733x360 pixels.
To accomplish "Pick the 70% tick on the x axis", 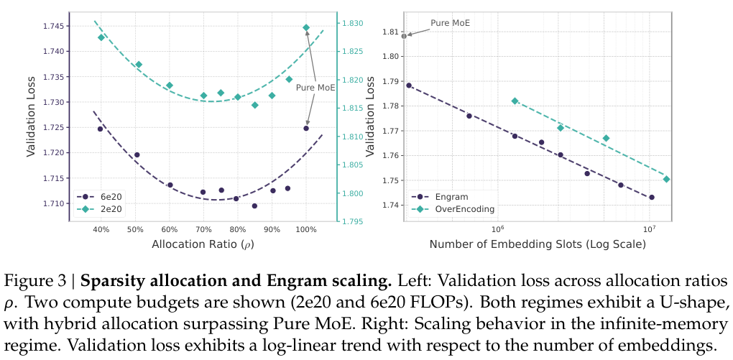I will coord(203,230).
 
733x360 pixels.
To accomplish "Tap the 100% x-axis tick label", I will coord(305,230).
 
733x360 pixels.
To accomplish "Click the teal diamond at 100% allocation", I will coord(306,27).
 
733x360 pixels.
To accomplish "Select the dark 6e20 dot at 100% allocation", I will coord(306,129).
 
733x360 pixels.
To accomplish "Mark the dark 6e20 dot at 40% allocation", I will coord(101,129).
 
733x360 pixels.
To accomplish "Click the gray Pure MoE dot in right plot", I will coord(404,35).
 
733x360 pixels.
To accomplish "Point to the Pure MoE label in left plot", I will coord(315,87).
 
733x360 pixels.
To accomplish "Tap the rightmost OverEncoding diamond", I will coord(666,179).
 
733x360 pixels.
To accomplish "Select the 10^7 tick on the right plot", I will coord(649,229).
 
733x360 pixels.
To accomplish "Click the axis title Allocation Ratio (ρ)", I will coord(203,244).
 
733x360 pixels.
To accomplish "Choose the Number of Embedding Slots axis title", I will coord(538,244).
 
